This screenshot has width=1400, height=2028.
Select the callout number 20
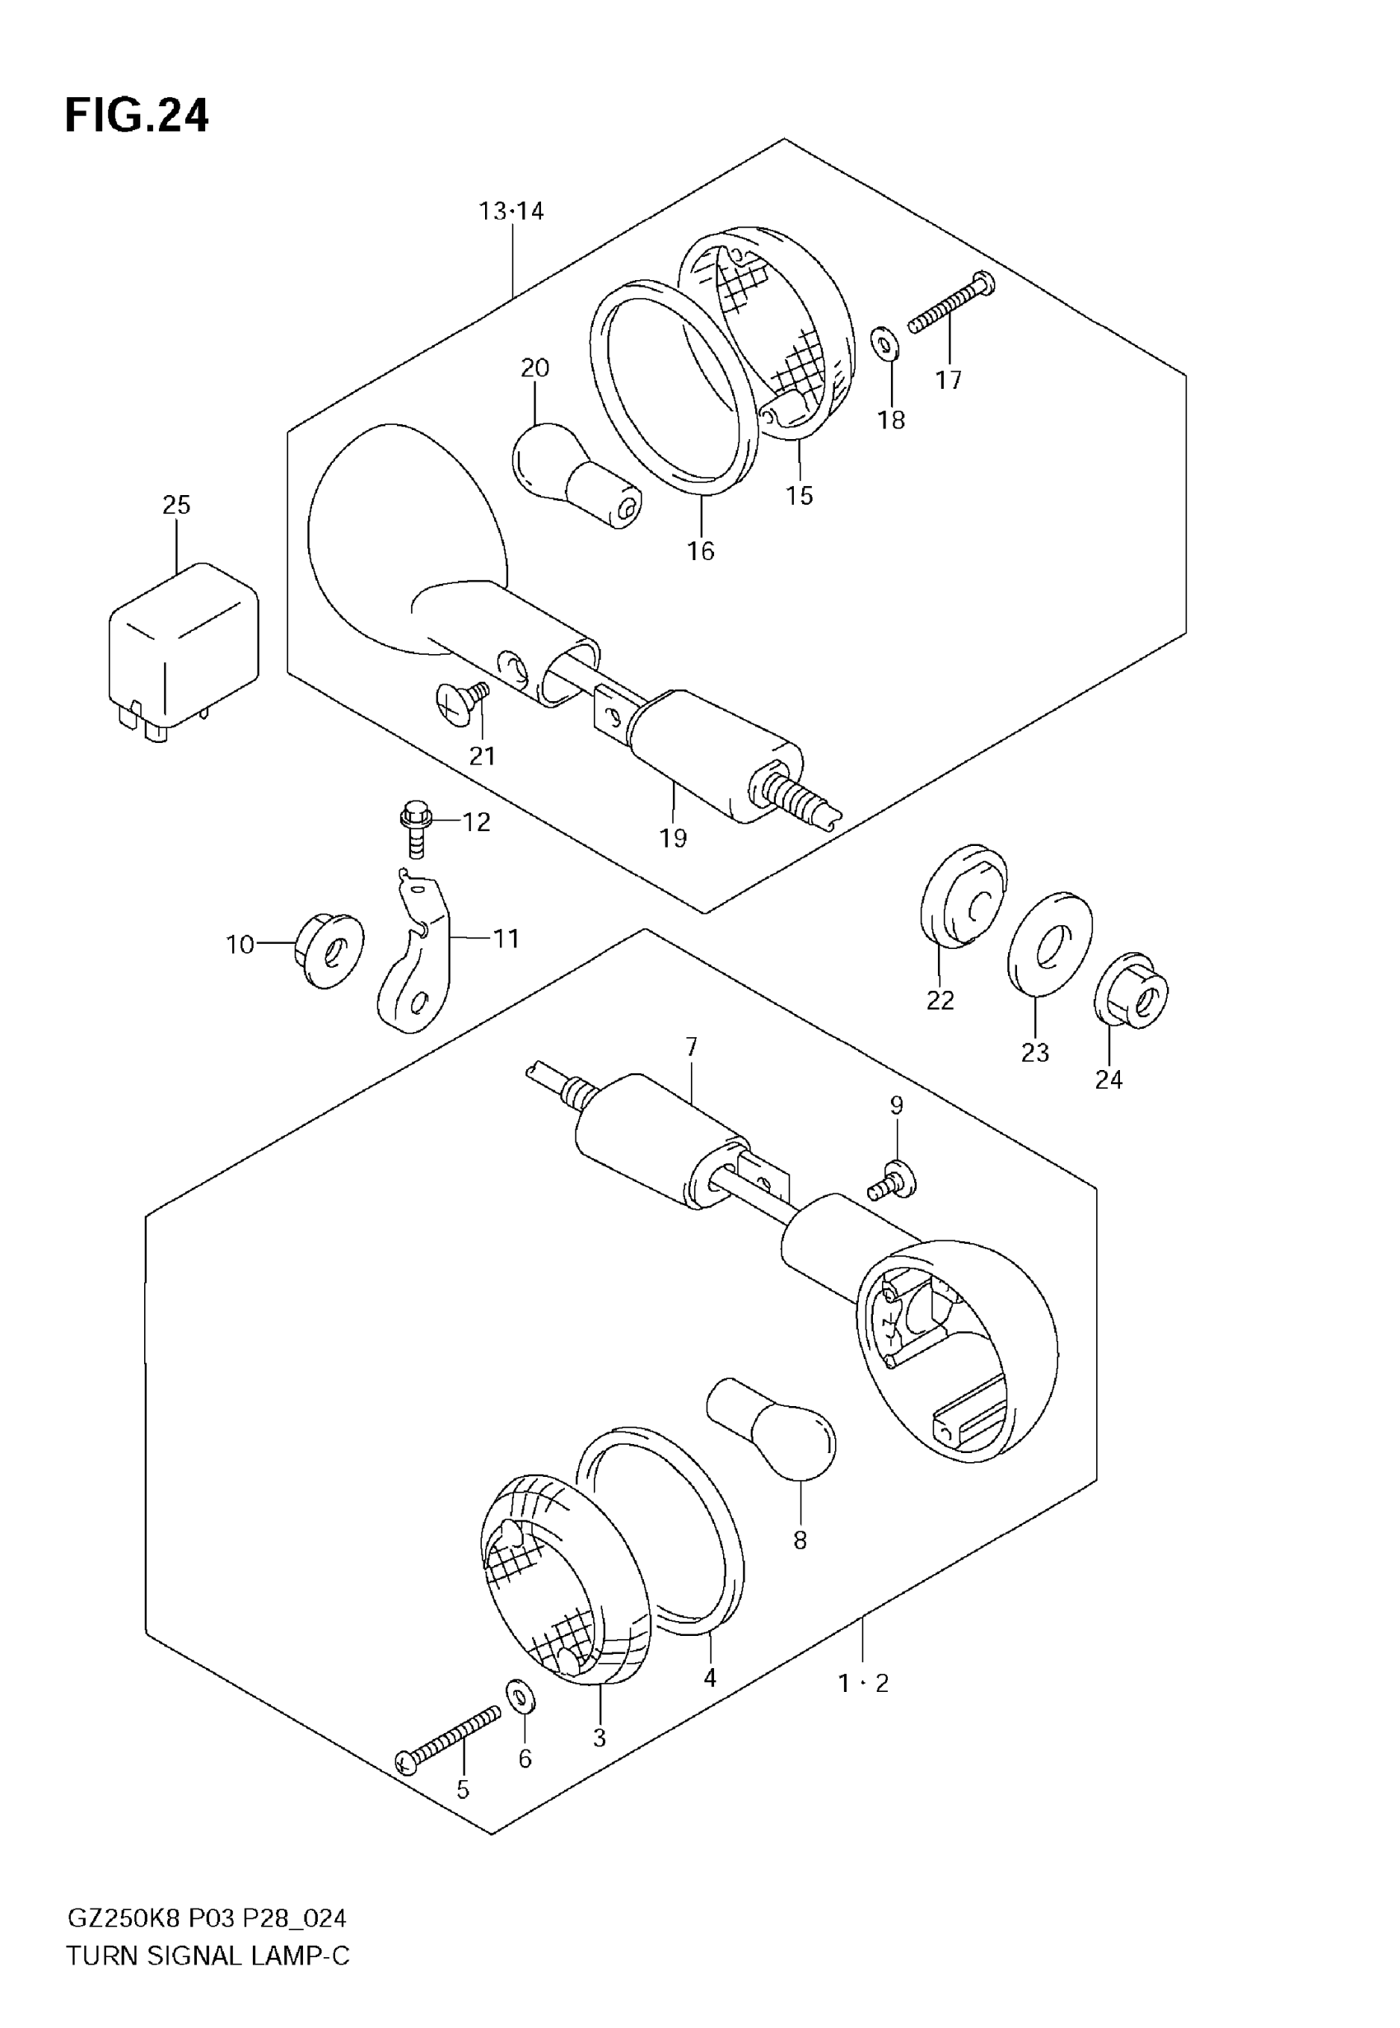[534, 367]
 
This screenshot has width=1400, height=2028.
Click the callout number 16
[700, 551]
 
